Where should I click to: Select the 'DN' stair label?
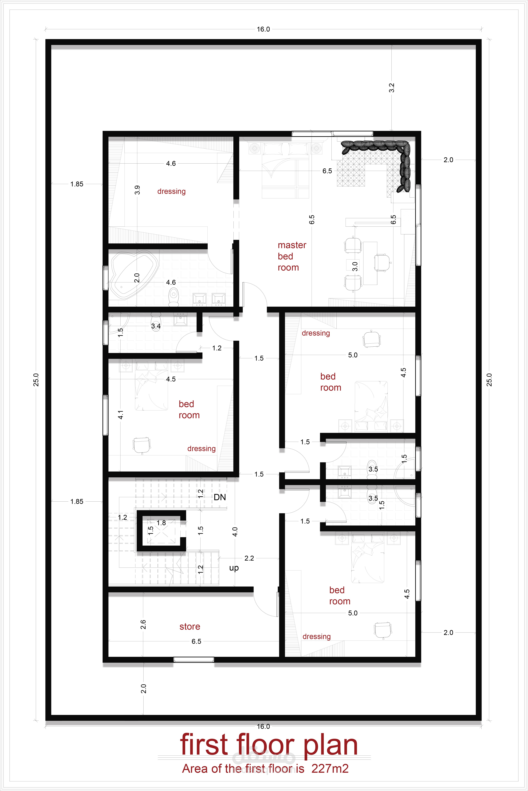pos(220,497)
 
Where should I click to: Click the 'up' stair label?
pos(234,568)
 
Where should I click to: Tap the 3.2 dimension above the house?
pos(391,88)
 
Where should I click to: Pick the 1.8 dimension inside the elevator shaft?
pos(161,523)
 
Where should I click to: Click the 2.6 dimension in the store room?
pos(143,625)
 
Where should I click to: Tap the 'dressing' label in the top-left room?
pos(171,192)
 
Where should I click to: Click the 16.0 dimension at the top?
pos(263,29)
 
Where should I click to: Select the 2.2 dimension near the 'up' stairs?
pos(249,558)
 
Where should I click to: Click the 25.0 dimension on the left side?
pos(36,380)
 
